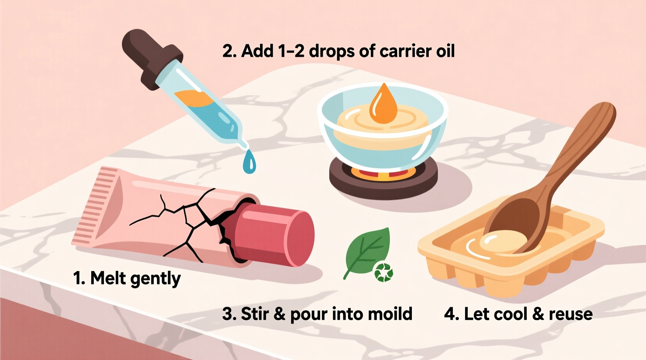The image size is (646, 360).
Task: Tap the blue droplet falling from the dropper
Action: point(249,163)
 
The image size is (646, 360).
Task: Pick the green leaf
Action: point(367,251)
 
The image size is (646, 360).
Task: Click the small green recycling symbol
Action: point(384,272)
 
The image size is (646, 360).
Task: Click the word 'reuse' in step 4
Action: point(570,314)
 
